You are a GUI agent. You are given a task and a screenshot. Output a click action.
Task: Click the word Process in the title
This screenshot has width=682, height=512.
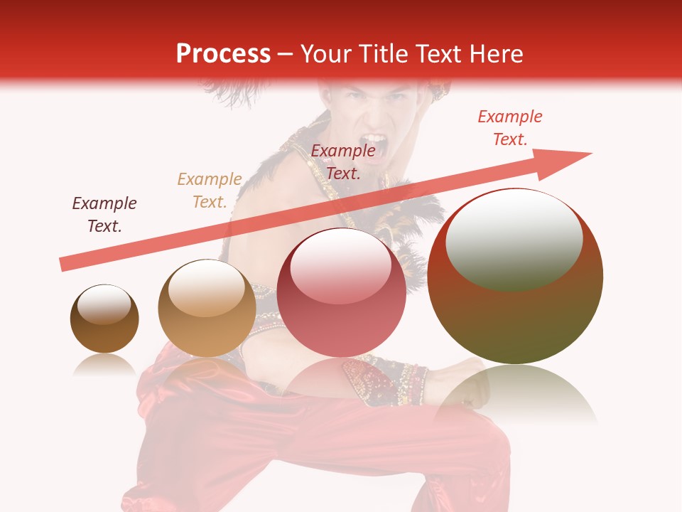pyautogui.click(x=223, y=54)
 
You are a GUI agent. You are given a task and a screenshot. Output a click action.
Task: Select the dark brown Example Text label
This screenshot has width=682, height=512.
pyautogui.click(x=104, y=214)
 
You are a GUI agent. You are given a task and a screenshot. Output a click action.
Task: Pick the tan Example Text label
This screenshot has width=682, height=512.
pyautogui.click(x=210, y=191)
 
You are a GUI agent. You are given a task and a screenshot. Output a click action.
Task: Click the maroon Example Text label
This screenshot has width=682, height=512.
pyautogui.click(x=343, y=161)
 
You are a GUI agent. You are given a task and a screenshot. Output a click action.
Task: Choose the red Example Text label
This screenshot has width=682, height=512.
pyautogui.click(x=510, y=128)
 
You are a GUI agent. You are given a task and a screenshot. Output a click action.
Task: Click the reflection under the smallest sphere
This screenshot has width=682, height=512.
pyautogui.click(x=104, y=366)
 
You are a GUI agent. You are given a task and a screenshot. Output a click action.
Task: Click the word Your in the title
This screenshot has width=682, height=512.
pyautogui.click(x=329, y=54)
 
